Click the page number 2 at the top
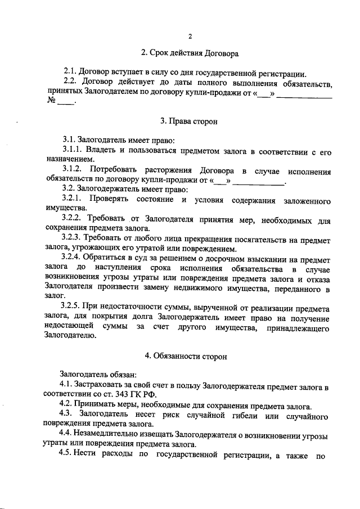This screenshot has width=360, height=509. click(190, 37)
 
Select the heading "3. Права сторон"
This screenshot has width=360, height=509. click(190, 120)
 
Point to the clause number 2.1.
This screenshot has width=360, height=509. click(70, 73)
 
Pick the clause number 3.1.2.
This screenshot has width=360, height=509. click(73, 170)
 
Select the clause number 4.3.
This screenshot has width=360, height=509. click(67, 415)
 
